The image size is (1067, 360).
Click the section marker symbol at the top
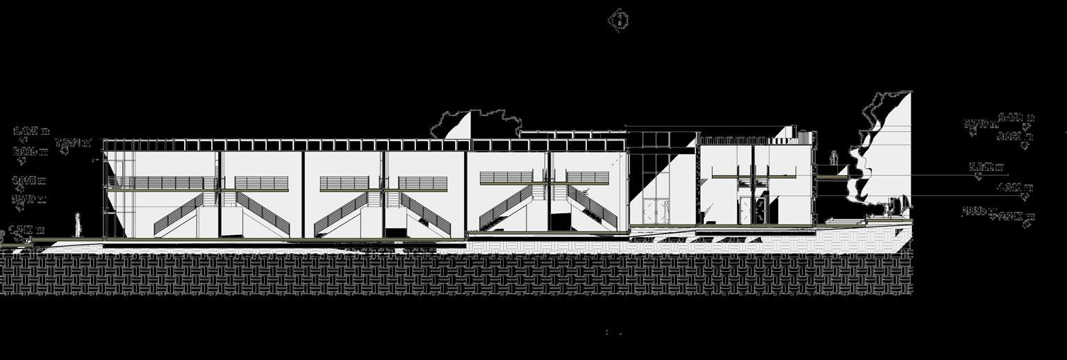618,19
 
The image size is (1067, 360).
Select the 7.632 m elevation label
73,143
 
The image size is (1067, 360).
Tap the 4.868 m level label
29,181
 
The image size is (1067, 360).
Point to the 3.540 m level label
29,199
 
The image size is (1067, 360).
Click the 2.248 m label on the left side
28,229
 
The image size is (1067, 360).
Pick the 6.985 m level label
31,151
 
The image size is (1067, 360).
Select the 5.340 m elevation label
986,167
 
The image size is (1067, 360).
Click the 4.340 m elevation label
1014,187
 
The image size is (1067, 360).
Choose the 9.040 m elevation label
980,124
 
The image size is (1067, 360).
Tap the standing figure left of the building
78,224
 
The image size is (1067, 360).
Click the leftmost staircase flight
179,214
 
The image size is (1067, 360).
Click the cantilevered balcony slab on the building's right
832,179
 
